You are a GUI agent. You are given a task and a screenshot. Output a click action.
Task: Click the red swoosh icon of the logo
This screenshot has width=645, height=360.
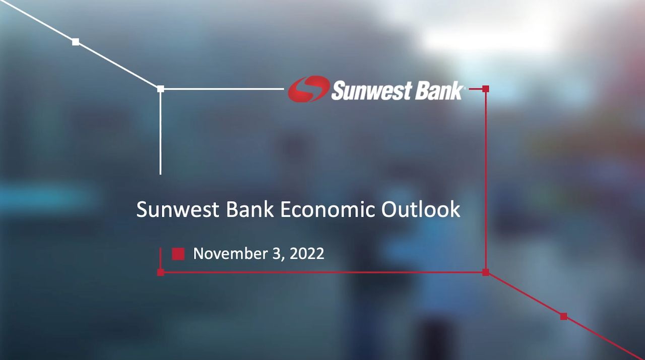click(309, 89)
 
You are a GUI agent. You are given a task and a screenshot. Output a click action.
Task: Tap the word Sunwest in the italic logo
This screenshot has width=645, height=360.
click(367, 91)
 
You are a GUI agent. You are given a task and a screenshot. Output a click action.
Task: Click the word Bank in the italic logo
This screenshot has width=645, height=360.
click(434, 91)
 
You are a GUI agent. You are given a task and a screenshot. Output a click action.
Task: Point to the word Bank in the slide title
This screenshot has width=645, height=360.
click(250, 209)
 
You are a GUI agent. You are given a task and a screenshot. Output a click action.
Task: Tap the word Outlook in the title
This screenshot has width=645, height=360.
click(421, 209)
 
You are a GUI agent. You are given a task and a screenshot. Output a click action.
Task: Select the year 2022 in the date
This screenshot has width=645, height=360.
click(307, 254)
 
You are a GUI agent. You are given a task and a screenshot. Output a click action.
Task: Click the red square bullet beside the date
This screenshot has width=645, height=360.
click(178, 254)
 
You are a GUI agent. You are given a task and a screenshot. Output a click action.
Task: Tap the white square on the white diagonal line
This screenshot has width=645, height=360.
click(76, 42)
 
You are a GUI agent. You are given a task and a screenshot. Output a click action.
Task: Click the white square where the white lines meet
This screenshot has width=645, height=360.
click(161, 89)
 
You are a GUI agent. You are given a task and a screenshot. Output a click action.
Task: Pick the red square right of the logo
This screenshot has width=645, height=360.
click(486, 89)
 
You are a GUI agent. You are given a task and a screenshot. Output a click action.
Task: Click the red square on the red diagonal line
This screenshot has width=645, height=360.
click(564, 317)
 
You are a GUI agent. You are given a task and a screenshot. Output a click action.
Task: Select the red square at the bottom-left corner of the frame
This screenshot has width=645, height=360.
click(161, 272)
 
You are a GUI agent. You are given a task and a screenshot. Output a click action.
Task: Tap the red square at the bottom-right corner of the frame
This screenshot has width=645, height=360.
click(486, 272)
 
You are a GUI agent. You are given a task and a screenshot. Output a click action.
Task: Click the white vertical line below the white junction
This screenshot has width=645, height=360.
click(160, 133)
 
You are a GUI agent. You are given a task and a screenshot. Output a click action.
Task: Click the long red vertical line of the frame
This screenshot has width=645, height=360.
click(486, 181)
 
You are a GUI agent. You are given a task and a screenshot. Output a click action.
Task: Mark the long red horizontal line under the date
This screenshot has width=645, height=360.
click(323, 272)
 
